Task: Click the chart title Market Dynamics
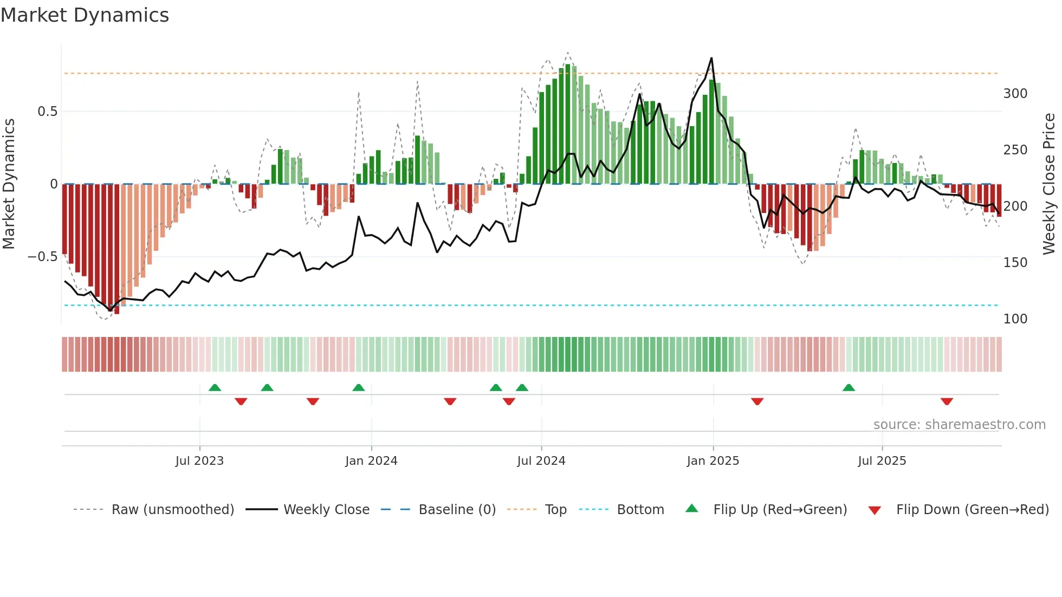(85, 15)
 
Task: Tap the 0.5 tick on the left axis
(47, 112)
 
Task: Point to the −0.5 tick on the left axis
(43, 257)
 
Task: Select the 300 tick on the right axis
(1015, 94)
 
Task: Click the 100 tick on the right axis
(1015, 319)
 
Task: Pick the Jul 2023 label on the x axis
(199, 461)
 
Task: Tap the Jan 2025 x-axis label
(713, 461)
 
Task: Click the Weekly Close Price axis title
(1049, 184)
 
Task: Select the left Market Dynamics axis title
(9, 184)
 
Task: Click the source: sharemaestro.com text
(959, 425)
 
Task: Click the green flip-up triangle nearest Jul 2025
(849, 387)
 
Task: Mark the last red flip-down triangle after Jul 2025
(947, 401)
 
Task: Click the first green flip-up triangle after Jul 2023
(215, 387)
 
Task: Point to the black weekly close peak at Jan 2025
(711, 59)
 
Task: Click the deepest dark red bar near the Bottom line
(116, 249)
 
